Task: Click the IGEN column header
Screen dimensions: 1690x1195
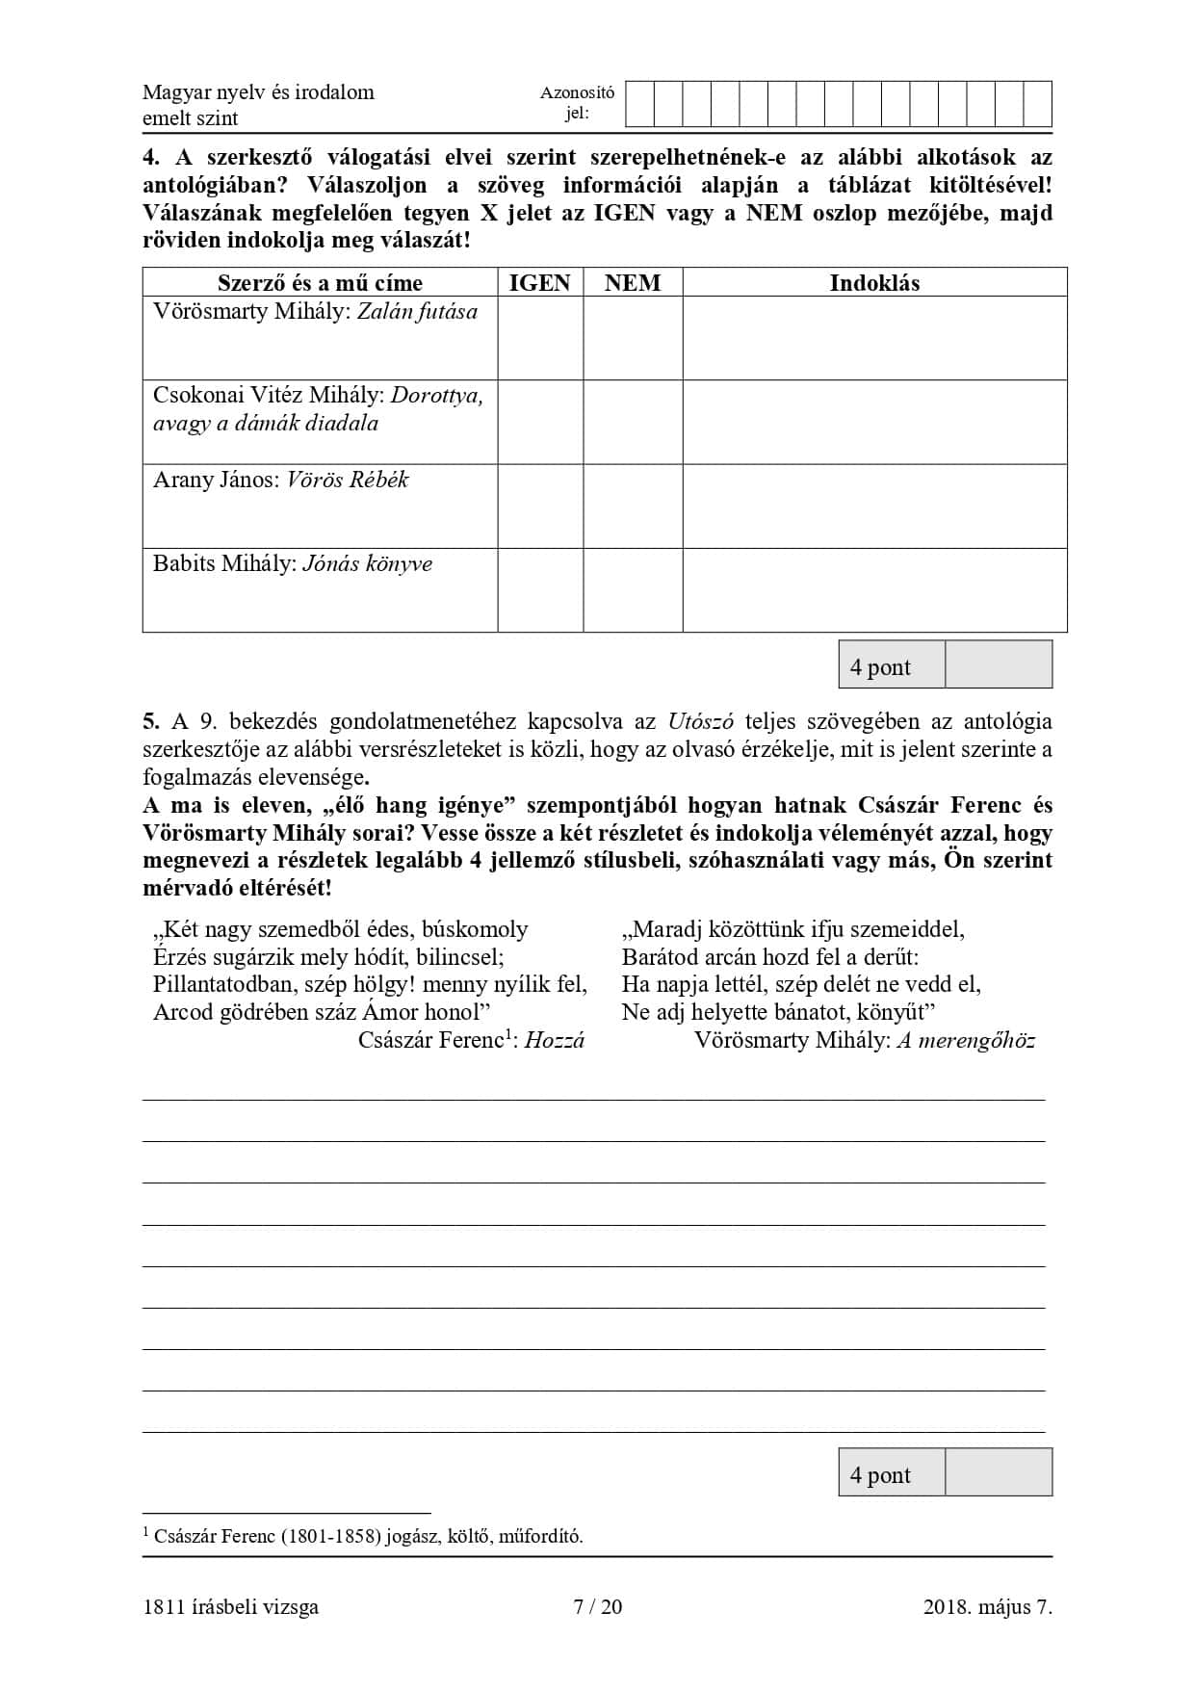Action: pyautogui.click(x=539, y=282)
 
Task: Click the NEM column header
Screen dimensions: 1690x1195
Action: pyautogui.click(x=633, y=282)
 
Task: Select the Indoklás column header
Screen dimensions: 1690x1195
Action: pyautogui.click(x=874, y=282)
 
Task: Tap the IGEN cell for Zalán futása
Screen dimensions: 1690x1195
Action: pyautogui.click(x=540, y=338)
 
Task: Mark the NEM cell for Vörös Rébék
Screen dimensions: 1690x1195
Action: pyautogui.click(x=633, y=507)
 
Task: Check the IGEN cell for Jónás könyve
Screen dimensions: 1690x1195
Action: pyautogui.click(x=540, y=590)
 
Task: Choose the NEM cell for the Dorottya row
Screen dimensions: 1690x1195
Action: pyautogui.click(x=633, y=422)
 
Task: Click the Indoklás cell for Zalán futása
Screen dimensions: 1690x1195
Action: pyautogui.click(x=874, y=338)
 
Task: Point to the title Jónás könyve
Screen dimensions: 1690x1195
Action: pyautogui.click(x=367, y=564)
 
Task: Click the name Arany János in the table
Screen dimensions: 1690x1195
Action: pyautogui.click(x=215, y=480)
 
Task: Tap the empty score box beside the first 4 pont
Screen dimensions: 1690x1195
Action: pyautogui.click(x=998, y=665)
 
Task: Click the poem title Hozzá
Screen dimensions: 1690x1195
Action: pyautogui.click(x=555, y=1040)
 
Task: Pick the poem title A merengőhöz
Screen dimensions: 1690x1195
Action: pyautogui.click(x=966, y=1040)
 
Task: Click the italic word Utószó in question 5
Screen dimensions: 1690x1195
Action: pyautogui.click(x=701, y=721)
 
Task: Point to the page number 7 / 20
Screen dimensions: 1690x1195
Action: pyautogui.click(x=597, y=1606)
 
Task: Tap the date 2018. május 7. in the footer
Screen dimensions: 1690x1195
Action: pyautogui.click(x=987, y=1606)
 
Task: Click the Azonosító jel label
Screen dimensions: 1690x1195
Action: pyautogui.click(x=577, y=103)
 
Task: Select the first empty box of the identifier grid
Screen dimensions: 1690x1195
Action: pyautogui.click(x=639, y=104)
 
